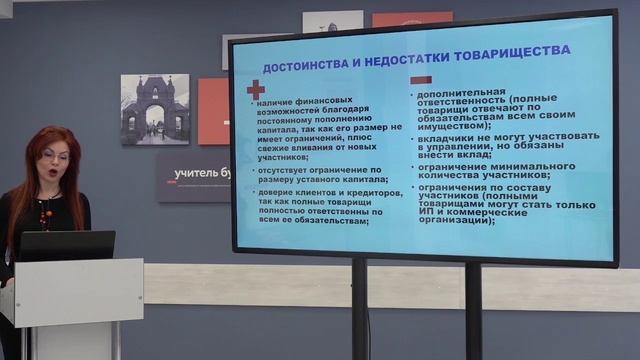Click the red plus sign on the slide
256,89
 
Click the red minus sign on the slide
421,79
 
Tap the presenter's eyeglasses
56,157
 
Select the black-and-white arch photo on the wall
154,109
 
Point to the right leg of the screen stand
473,310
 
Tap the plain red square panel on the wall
213,111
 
